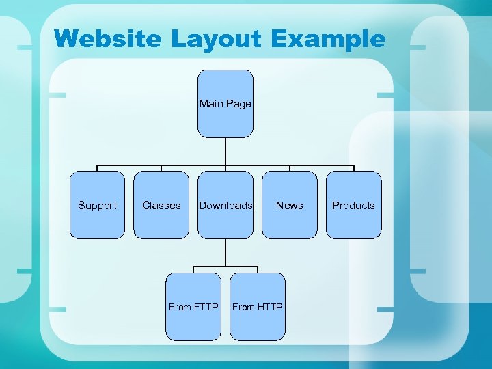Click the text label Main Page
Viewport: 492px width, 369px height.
coord(225,104)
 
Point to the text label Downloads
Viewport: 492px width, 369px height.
coord(225,205)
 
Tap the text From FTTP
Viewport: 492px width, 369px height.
coord(193,307)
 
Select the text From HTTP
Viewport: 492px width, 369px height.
coord(258,307)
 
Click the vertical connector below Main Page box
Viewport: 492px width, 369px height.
coord(225,151)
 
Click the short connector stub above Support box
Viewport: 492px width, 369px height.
coord(97,168)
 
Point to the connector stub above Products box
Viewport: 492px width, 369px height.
coord(354,168)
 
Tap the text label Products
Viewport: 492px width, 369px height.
coord(354,205)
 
